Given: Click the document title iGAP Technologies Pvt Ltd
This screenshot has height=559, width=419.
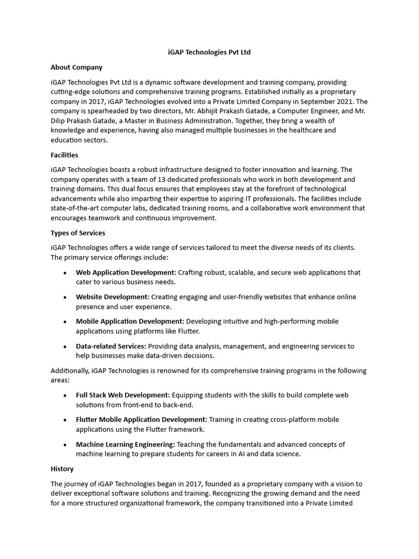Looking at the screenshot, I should (x=209, y=52).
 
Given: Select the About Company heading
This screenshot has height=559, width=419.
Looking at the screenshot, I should (x=76, y=67).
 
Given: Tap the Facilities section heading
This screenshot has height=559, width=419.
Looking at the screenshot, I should (x=64, y=155).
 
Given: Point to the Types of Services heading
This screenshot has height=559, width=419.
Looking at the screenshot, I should (x=78, y=233).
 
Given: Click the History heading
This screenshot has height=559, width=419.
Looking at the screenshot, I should (x=62, y=469).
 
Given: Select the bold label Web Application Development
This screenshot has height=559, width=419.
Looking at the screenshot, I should (x=126, y=272).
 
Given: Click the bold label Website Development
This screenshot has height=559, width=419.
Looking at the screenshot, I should (x=112, y=297).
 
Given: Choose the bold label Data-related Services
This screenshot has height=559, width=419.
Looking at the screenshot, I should (x=111, y=346).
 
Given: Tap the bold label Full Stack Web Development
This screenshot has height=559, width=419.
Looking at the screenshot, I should (x=123, y=395).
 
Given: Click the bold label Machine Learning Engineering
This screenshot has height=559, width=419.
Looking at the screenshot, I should (x=125, y=444).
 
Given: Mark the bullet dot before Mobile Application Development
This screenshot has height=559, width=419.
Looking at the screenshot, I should (x=65, y=322).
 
